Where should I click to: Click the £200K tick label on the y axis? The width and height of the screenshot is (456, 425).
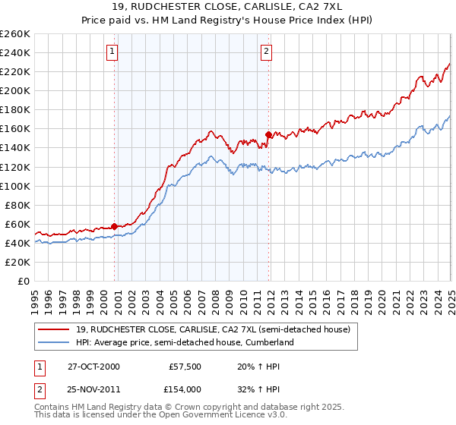tap(15, 90)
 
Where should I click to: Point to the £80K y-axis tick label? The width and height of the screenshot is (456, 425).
tap(17, 205)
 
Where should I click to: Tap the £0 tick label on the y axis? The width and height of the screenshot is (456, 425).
tap(24, 281)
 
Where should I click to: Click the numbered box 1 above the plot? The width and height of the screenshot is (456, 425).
tap(112, 52)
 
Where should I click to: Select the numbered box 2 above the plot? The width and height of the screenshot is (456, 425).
tap(268, 52)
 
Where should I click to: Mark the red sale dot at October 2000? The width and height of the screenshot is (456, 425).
tap(115, 226)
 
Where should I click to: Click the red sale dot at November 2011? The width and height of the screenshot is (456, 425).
tap(268, 134)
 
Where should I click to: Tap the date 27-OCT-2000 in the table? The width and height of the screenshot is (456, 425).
tap(93, 366)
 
